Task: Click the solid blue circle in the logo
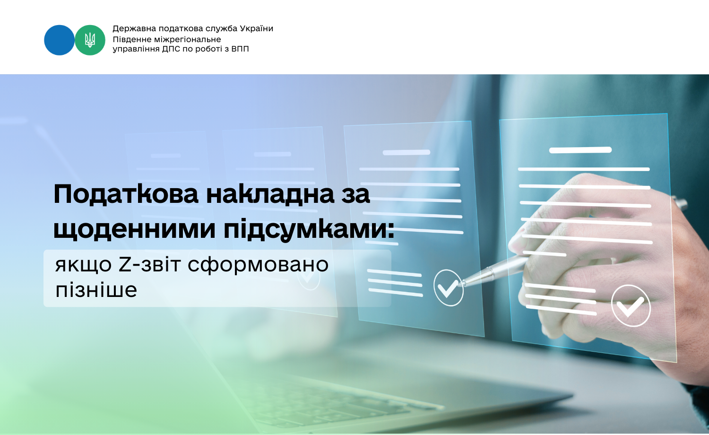coord(59,40)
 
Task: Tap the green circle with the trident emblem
coord(90,40)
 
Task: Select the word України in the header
coord(256,28)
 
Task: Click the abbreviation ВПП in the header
coord(240,49)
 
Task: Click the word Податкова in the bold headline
coord(126,194)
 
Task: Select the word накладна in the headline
coord(270,194)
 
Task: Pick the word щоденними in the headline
coord(135,228)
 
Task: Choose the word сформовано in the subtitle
coord(258,265)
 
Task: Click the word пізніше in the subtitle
coord(96,290)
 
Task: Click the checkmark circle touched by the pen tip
coord(449,287)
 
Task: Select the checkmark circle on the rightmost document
coord(631,305)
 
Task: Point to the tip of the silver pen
coord(461,283)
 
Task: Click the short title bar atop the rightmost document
coord(580,150)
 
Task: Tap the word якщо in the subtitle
coord(83,265)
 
